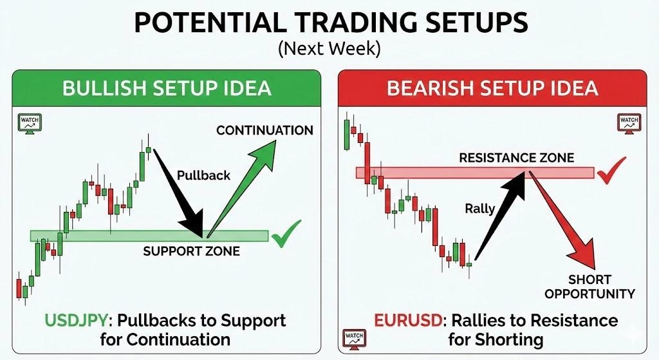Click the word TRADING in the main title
[x=333, y=24]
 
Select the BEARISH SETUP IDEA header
[x=492, y=88]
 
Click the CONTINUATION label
[x=265, y=131]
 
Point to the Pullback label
[x=203, y=175]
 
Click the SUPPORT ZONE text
[x=191, y=251]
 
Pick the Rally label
[x=479, y=208]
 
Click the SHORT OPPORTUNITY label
[x=589, y=287]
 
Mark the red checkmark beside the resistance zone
[x=611, y=170]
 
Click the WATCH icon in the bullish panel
[x=28, y=123]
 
